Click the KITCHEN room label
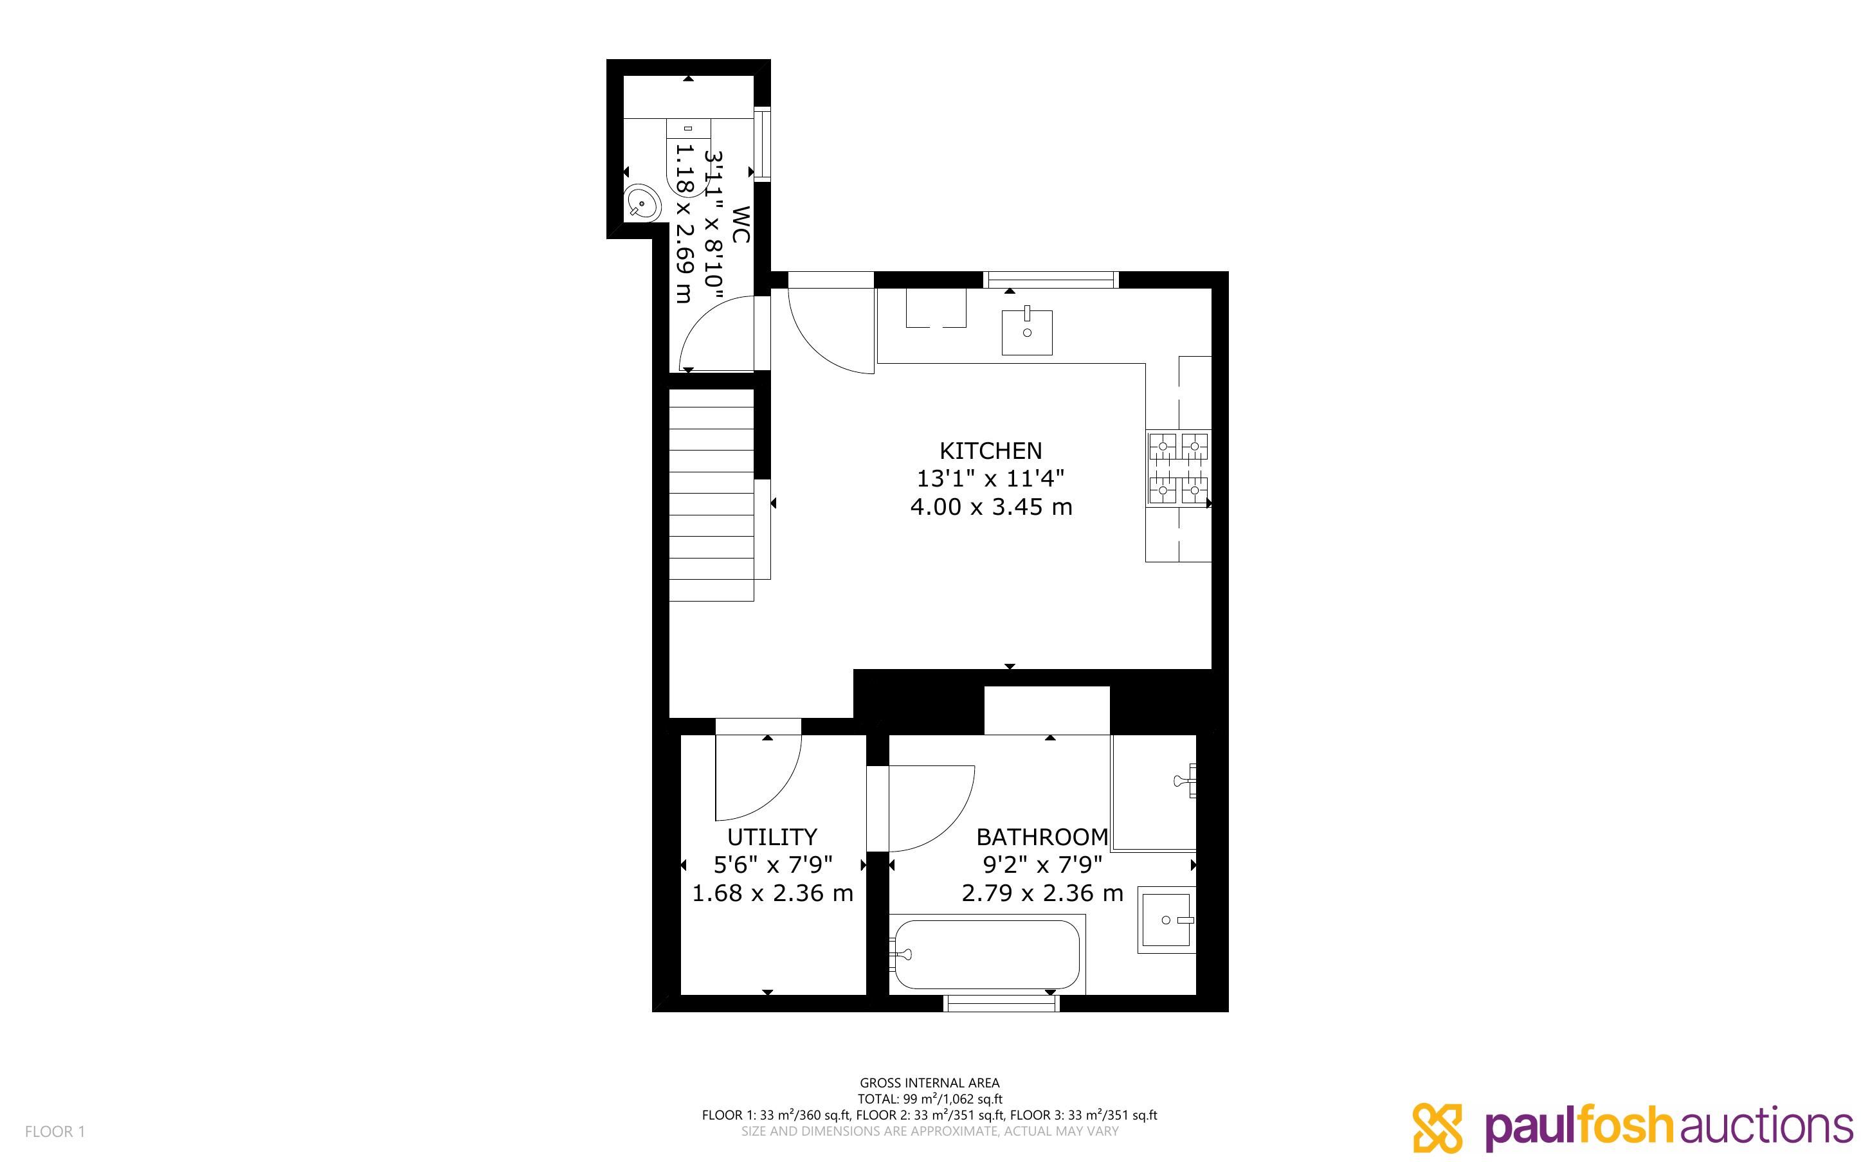click(991, 451)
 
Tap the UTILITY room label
click(772, 836)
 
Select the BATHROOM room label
click(1042, 836)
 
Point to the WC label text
click(740, 224)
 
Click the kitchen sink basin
click(1026, 332)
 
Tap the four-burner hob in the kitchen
click(1177, 468)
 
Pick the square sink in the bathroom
click(1166, 920)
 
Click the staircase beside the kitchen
click(711, 495)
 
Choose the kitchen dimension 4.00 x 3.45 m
click(991, 507)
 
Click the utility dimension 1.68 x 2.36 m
click(772, 893)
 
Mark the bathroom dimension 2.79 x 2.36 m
click(1042, 893)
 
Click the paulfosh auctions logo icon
click(1437, 1127)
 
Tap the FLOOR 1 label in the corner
click(55, 1131)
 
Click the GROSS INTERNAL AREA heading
click(929, 1083)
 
